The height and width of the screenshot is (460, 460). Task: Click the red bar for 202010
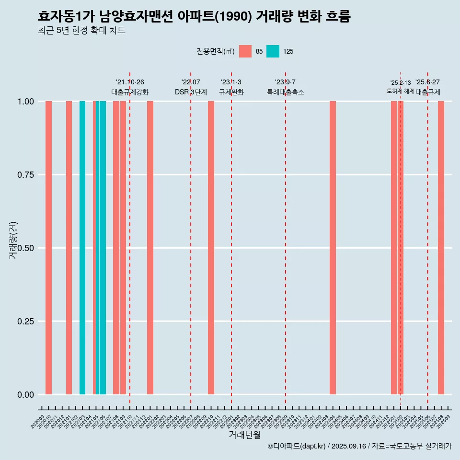coord(48,248)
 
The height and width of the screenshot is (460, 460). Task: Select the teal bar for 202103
coord(82,248)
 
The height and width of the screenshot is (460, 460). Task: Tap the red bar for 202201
coord(150,248)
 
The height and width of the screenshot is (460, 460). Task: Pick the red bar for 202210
coord(211,248)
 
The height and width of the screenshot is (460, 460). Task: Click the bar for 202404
coord(333,248)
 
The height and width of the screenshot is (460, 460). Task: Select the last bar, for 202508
coord(441,248)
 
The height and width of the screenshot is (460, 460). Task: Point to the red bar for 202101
coord(69,248)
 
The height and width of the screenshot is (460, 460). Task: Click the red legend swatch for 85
coord(245,51)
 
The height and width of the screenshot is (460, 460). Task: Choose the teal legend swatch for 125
coord(273,51)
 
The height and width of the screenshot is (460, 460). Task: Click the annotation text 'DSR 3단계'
coord(191,92)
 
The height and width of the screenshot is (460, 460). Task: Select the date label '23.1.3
coord(231,82)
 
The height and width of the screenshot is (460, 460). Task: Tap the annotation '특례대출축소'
coord(286,92)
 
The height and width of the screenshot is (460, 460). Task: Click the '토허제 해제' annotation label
coord(401,91)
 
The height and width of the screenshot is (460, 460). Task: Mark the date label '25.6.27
coord(427,82)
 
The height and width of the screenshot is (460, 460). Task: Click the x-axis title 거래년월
coord(245,435)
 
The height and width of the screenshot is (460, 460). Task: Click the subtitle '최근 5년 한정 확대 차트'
coord(81,31)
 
